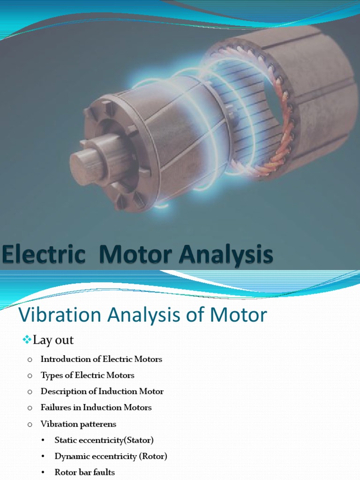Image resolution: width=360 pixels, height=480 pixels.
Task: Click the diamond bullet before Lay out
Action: coord(26,339)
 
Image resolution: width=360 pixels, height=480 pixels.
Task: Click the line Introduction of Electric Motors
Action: coord(101,359)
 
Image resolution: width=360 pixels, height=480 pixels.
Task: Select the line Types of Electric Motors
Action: coord(87,375)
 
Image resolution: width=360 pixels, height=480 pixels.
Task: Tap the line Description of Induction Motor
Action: coord(102,391)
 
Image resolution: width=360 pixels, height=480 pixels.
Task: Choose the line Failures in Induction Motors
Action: coord(96,407)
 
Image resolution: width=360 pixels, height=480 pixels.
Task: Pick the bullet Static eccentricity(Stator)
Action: coord(104,440)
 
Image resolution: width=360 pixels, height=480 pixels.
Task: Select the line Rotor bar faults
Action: coord(84,472)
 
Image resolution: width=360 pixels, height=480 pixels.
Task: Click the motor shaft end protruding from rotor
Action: coord(87,160)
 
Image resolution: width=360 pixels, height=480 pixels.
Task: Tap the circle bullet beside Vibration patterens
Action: coord(30,424)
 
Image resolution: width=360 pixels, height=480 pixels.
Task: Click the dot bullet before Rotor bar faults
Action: coord(44,472)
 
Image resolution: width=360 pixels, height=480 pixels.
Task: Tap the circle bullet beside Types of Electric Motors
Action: coord(30,375)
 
